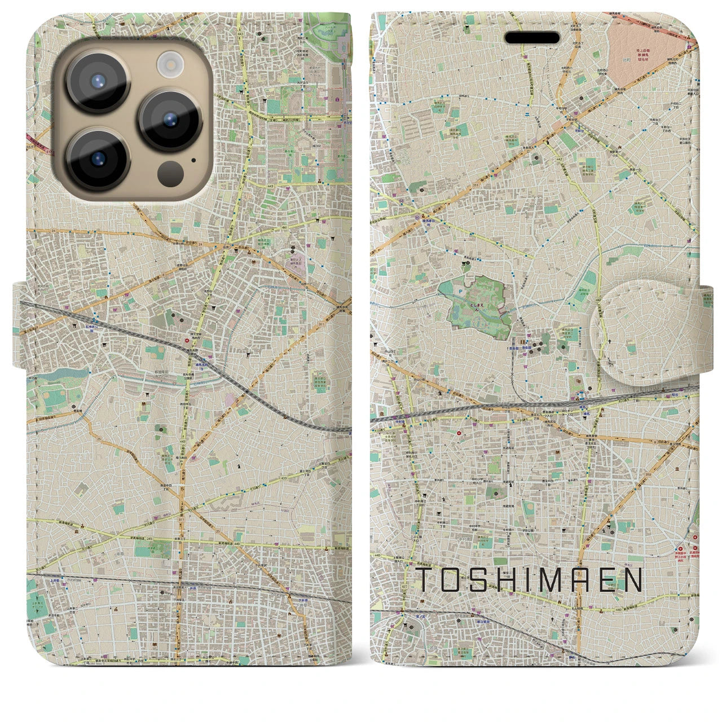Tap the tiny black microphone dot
(x=193, y=160)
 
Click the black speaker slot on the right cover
(x=532, y=38)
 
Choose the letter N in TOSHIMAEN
(x=633, y=579)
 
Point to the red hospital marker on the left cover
(x=187, y=340)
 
